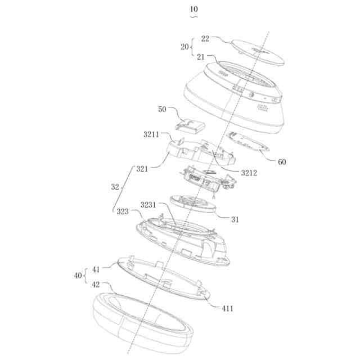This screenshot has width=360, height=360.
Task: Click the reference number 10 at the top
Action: pos(194,9)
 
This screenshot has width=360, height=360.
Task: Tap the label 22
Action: pos(205,38)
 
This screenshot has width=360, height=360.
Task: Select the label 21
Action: pos(201,56)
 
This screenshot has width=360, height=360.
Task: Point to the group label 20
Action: pos(184,47)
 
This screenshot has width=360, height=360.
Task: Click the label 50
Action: pos(163,109)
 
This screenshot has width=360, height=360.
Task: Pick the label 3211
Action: pos(151,135)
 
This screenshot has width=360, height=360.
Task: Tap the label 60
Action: pos(282,162)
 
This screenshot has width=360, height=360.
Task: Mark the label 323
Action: pos(122,212)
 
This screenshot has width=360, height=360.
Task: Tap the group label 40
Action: pos(78,276)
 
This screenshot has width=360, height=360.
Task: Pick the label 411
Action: pos(227,308)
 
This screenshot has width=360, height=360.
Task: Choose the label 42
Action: pos(97,285)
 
